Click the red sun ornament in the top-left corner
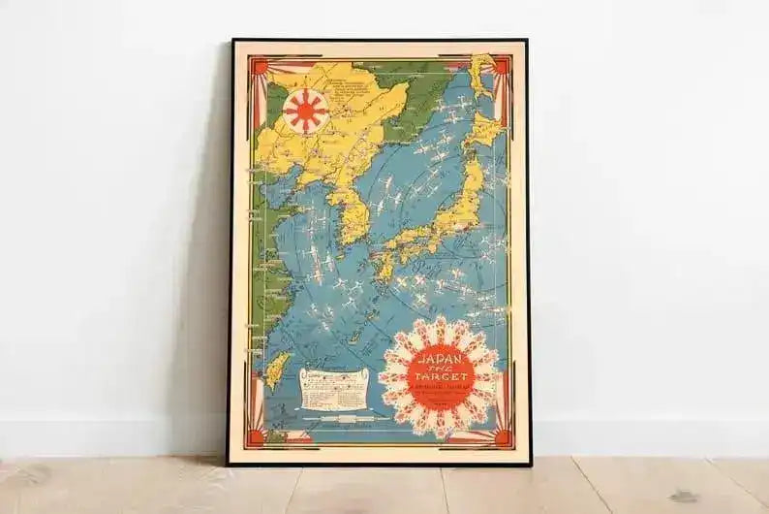260,67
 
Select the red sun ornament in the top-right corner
501,66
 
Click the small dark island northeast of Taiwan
355,335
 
